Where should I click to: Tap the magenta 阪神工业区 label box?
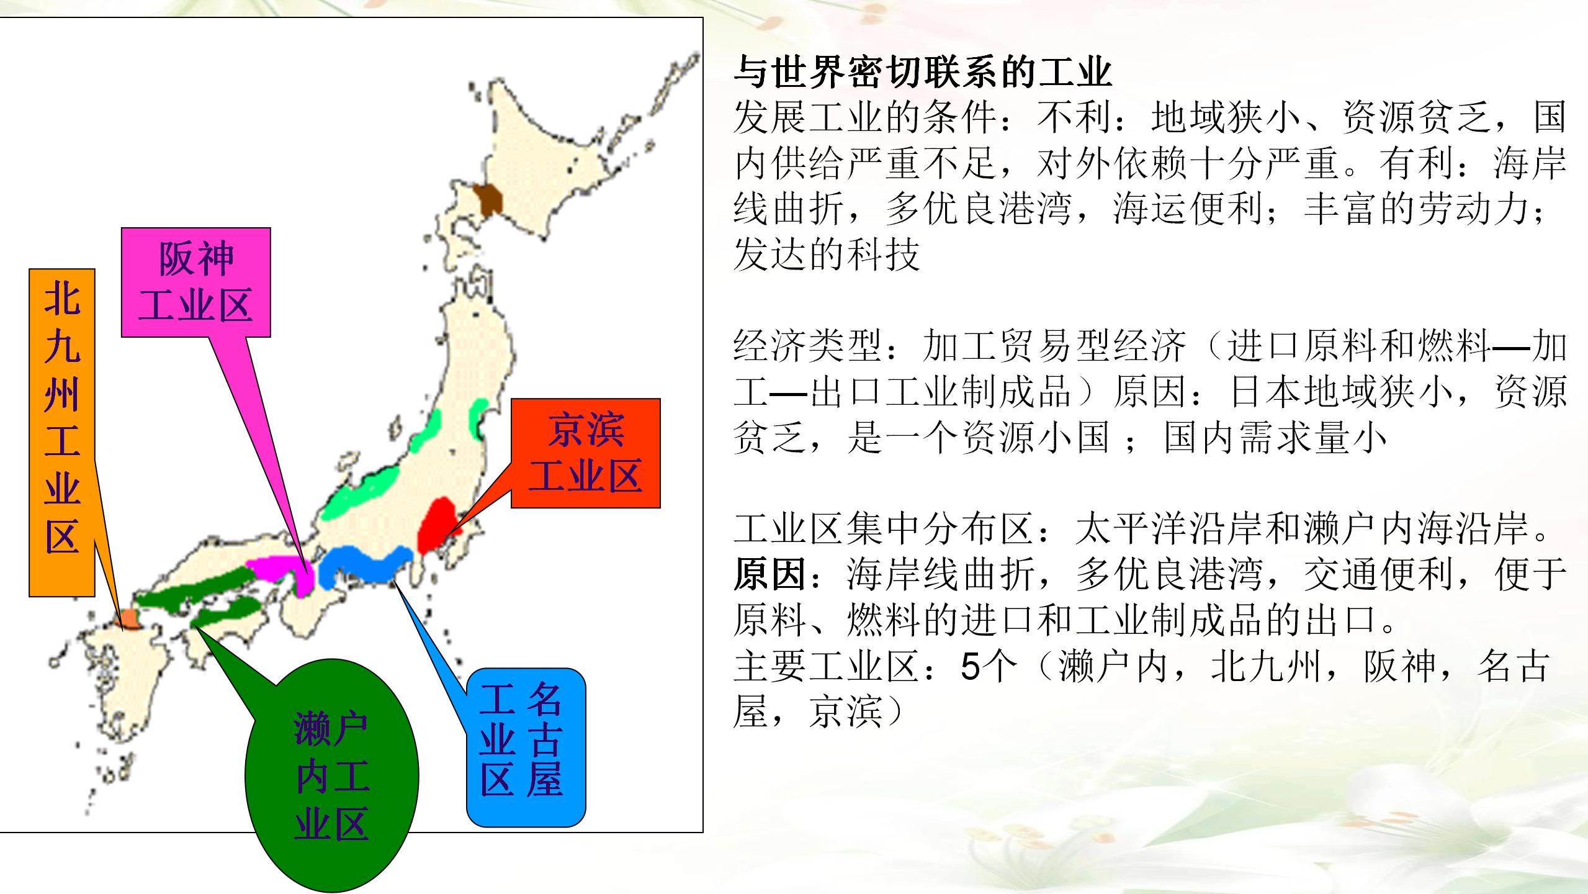pyautogui.click(x=195, y=282)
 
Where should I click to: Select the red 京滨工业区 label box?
pyautogui.click(x=585, y=453)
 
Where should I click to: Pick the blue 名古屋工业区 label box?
pyautogui.click(x=526, y=747)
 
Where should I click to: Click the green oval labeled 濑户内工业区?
pyautogui.click(x=332, y=776)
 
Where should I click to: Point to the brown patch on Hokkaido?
pyautogui.click(x=488, y=199)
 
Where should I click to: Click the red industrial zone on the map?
pyautogui.click(x=437, y=525)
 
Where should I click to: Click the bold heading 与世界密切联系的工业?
pyautogui.click(x=922, y=73)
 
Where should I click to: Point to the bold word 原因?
pyautogui.click(x=770, y=575)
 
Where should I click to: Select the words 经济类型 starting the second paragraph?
pyautogui.click(x=808, y=346)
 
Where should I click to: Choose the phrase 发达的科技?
pyautogui.click(x=826, y=255)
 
